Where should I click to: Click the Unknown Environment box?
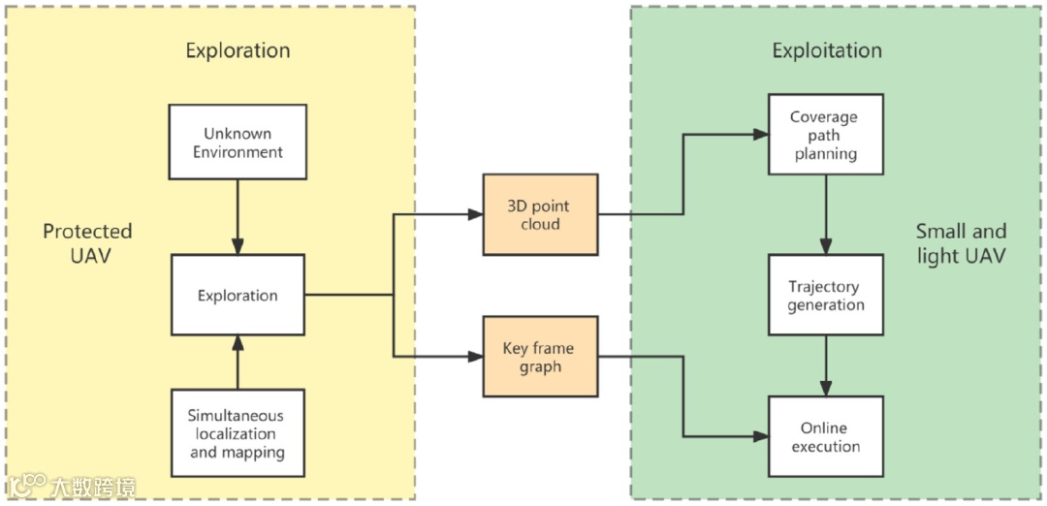coord(238,142)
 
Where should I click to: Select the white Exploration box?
coord(238,295)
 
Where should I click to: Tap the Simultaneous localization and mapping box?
coord(238,433)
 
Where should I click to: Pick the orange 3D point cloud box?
coord(540,214)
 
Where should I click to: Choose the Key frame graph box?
coord(540,357)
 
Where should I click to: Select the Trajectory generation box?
coord(826,295)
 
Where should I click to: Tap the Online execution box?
coord(826,436)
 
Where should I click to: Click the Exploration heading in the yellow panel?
coord(238,50)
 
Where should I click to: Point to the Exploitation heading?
coord(827,50)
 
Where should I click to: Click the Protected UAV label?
coord(87,243)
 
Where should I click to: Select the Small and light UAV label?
coord(961,243)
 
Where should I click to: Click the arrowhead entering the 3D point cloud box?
coord(475,214)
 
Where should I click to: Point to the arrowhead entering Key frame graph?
coord(475,357)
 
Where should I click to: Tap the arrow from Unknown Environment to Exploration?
coord(238,216)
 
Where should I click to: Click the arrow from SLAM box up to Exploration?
coord(238,362)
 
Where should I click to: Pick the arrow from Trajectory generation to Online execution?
coord(826,365)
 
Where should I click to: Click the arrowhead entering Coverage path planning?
coord(761,135)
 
